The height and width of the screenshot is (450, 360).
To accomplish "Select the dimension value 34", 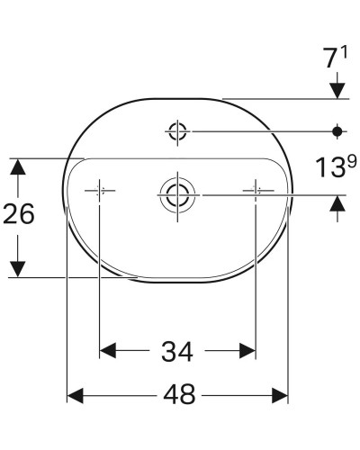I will point(176,348).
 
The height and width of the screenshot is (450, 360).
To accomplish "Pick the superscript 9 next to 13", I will point(341,162).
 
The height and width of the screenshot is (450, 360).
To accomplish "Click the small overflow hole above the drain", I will point(176,132).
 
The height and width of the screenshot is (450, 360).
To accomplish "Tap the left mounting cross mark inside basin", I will point(99,191).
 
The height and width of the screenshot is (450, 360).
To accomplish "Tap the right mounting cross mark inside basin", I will point(256,191).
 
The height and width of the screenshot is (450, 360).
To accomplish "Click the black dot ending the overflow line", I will point(338,132).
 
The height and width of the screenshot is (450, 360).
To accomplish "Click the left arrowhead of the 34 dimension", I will point(106,348).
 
